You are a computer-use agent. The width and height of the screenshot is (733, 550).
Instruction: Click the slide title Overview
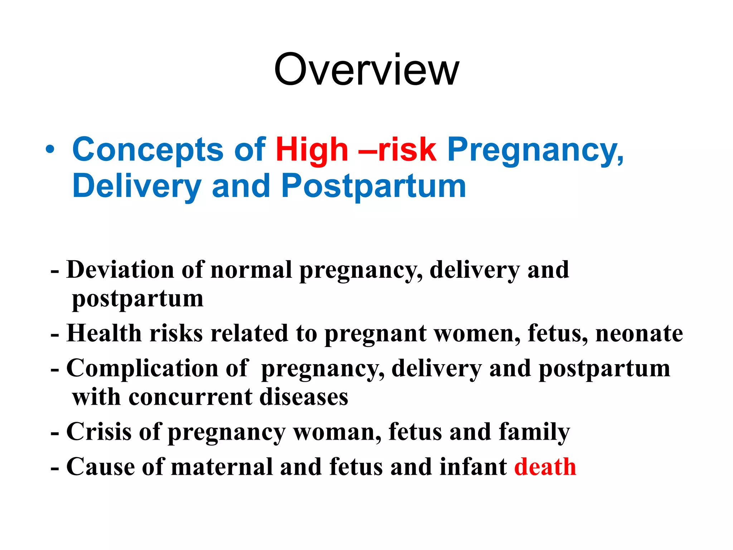[x=366, y=69]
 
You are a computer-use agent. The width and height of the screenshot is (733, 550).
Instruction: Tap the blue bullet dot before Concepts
[x=50, y=150]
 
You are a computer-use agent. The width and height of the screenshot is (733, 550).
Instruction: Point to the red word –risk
[x=397, y=150]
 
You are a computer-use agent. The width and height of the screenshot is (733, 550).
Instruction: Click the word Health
[x=104, y=333]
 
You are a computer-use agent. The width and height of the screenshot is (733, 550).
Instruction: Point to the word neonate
[x=639, y=333]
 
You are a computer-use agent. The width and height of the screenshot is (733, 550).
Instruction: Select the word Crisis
[x=99, y=432]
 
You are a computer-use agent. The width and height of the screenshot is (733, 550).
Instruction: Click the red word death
[x=545, y=467]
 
